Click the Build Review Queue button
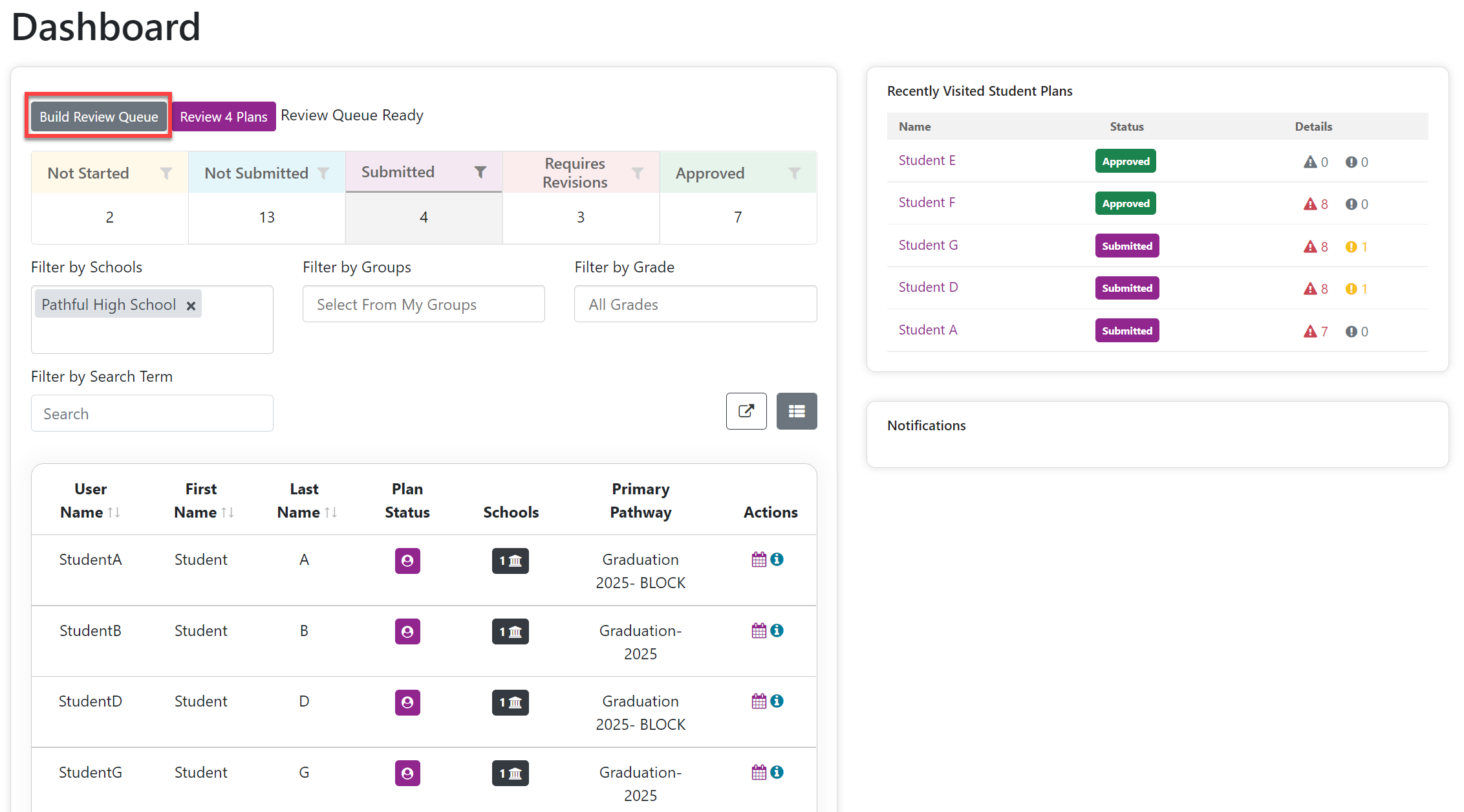tap(98, 116)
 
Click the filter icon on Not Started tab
tap(166, 173)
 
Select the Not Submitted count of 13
tap(267, 217)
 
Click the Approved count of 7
tap(738, 217)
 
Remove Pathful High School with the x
tap(191, 305)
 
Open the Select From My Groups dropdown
tap(424, 304)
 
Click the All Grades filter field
tap(696, 304)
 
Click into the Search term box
tap(152, 413)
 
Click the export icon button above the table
tap(746, 411)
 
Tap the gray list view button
tap(797, 411)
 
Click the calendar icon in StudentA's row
tap(759, 560)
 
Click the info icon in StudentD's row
tap(777, 701)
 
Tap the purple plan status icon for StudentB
tap(407, 631)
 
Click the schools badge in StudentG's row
tap(510, 773)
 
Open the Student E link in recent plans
tap(927, 160)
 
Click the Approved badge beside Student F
tap(1126, 203)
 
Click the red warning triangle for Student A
tap(1310, 331)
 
